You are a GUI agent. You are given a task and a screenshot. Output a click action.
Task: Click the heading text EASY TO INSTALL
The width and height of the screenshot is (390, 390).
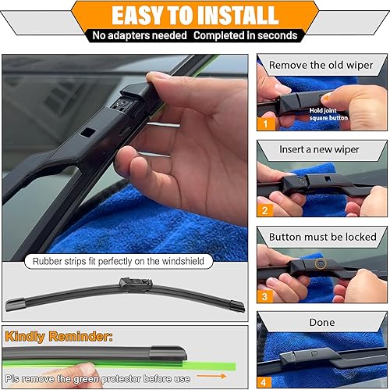pyautogui.click(x=194, y=16)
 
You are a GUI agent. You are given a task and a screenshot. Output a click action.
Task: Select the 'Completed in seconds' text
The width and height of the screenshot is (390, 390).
pyautogui.click(x=246, y=36)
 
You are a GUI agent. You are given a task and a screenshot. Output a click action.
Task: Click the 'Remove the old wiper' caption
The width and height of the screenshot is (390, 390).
pyautogui.click(x=322, y=65)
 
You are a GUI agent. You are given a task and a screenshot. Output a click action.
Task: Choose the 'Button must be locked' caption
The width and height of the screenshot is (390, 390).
pyautogui.click(x=322, y=235)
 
